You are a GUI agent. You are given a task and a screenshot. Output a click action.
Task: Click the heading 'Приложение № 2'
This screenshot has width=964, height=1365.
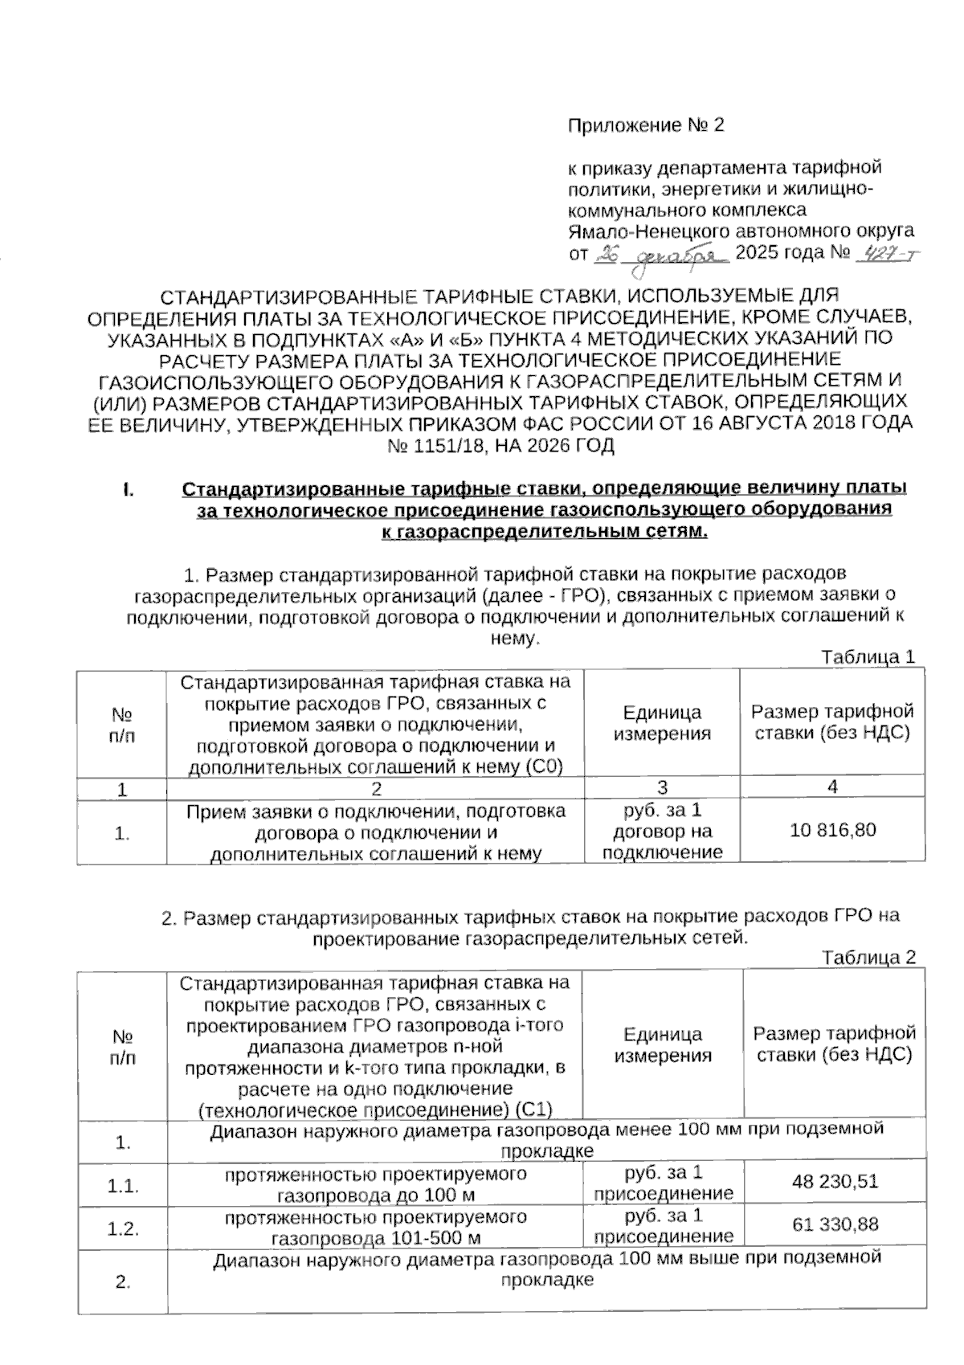[x=646, y=125]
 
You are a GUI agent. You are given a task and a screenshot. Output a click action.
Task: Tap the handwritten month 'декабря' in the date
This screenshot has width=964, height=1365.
[x=681, y=255]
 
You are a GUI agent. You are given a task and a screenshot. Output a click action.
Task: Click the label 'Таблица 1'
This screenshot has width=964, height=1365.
[x=868, y=657]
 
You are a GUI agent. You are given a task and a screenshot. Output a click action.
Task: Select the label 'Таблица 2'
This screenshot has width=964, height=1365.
[x=868, y=958]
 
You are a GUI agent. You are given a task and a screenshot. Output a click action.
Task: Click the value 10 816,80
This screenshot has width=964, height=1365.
[x=832, y=831]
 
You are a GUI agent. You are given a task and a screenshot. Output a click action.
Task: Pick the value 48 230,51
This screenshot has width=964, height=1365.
[x=835, y=1182]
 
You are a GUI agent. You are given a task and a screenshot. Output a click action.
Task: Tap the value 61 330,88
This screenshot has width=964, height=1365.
[x=835, y=1224]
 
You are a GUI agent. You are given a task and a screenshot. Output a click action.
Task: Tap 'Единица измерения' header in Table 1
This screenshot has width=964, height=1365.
[x=662, y=722]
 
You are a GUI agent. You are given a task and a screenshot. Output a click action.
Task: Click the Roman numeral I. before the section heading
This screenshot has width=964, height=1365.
[x=128, y=489]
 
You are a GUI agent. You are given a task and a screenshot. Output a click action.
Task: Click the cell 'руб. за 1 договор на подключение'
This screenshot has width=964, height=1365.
[x=662, y=831]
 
